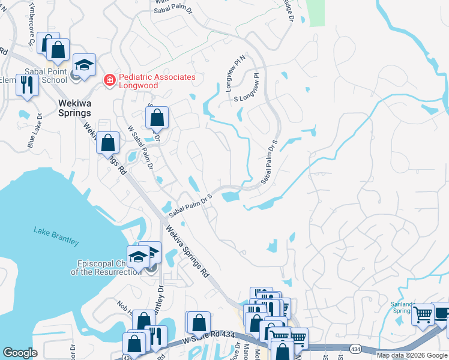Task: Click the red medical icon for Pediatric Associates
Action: coord(109,79)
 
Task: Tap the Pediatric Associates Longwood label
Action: coord(157,82)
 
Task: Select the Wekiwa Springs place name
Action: coord(74,107)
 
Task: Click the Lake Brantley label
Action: coord(56,237)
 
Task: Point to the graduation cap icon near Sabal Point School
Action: coord(84,65)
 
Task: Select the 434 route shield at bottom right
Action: coord(356,348)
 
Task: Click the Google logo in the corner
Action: coord(20,353)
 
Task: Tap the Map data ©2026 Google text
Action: coord(411,355)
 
